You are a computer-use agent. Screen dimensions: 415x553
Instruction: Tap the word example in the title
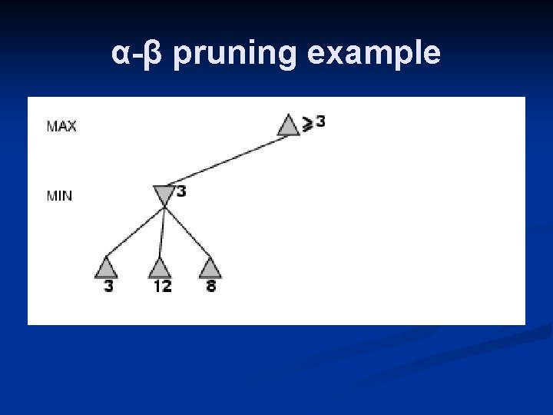point(373,54)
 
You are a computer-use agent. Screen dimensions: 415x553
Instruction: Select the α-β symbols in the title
point(138,54)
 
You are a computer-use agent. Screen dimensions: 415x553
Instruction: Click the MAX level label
point(61,126)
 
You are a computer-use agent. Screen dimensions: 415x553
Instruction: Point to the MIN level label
point(60,196)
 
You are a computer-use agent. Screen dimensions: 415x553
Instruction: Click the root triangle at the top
point(288,125)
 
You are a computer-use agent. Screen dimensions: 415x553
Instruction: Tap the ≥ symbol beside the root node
point(307,123)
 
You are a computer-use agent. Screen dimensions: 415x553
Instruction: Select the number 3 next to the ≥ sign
point(320,121)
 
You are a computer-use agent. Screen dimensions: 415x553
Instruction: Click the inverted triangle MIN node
point(164,195)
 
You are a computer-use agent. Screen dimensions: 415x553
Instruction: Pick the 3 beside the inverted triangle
point(181,191)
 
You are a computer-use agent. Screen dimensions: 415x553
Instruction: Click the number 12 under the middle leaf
point(162,287)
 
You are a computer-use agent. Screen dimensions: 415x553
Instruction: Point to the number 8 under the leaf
point(210,287)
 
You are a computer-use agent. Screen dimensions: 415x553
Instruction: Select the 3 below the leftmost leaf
point(108,287)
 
